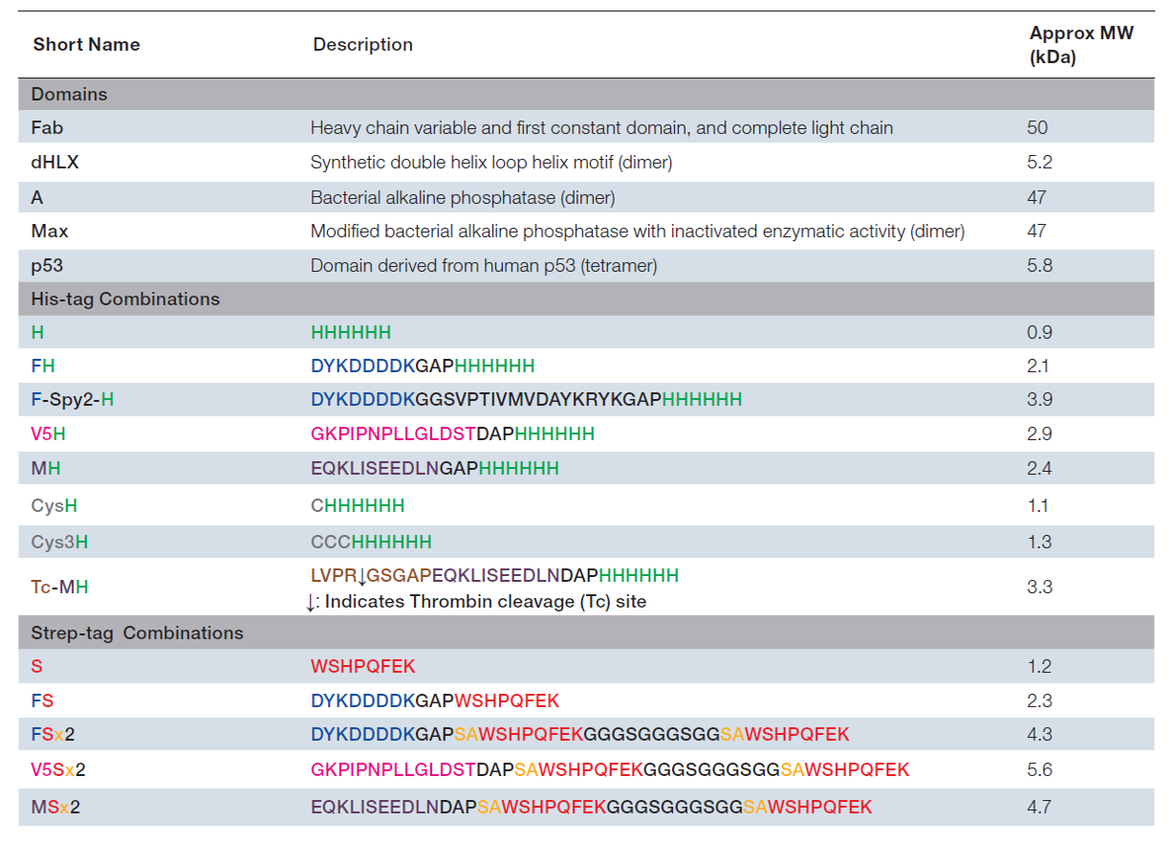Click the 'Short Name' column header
(x=87, y=45)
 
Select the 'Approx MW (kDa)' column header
(x=1081, y=45)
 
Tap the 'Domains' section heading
(x=69, y=95)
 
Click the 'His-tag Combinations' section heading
(x=125, y=300)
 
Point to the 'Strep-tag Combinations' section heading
(x=137, y=633)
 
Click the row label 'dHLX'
(x=55, y=162)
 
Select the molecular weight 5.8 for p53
(x=1039, y=266)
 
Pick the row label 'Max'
(x=50, y=231)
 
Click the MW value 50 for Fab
(x=1037, y=127)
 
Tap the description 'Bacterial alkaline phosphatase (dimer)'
(x=463, y=198)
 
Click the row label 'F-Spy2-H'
(x=73, y=400)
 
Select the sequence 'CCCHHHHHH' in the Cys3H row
(x=371, y=543)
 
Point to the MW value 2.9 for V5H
(x=1039, y=434)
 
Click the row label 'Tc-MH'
(x=59, y=587)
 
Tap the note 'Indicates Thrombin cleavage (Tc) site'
(x=486, y=602)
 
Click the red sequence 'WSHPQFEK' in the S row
(x=363, y=667)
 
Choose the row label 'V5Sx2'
(x=58, y=770)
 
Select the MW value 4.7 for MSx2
(x=1039, y=807)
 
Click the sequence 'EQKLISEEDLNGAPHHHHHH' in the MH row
(x=435, y=468)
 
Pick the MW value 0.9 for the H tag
(x=1039, y=333)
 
